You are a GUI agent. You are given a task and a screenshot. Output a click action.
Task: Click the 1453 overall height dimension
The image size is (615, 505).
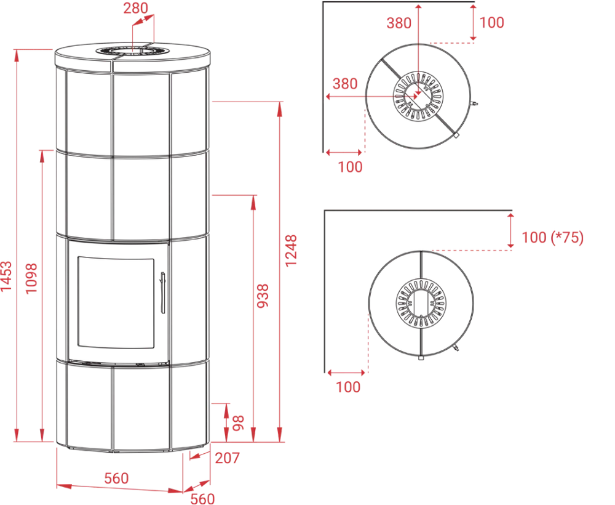coord(7,276)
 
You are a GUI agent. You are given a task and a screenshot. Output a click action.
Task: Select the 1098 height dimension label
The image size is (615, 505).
coord(31,278)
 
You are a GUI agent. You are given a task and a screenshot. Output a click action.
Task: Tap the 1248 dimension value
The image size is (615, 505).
coord(291,251)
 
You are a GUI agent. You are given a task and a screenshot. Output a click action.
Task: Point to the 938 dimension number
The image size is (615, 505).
coord(263,296)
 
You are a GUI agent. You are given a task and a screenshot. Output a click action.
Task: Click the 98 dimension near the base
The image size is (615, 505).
coord(238,423)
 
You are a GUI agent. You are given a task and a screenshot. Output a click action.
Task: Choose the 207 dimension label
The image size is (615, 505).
coord(227,458)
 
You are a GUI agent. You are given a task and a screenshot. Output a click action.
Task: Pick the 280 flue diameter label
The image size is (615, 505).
coord(136,8)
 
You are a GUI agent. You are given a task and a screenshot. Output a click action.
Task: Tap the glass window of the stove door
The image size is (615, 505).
coord(116,303)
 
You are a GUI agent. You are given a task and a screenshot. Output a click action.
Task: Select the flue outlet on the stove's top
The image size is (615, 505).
coord(132,52)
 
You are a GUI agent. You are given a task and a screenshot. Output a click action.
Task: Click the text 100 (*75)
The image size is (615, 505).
coord(552,237)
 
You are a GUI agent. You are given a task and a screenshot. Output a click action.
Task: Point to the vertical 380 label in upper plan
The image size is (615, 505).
coord(399,23)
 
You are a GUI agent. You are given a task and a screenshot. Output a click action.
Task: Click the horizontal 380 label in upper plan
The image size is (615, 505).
coord(345,84)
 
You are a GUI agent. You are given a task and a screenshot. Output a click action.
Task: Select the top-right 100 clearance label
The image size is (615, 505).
coord(491,22)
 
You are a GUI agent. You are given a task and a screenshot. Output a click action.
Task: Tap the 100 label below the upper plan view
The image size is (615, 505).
coord(351,167)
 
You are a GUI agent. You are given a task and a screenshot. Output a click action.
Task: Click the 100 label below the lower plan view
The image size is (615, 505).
coord(348,387)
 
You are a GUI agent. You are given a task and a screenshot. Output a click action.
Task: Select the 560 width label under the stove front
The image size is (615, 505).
coord(116,479)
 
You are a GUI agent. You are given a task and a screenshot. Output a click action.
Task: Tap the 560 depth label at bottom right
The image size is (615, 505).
coord(202,499)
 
